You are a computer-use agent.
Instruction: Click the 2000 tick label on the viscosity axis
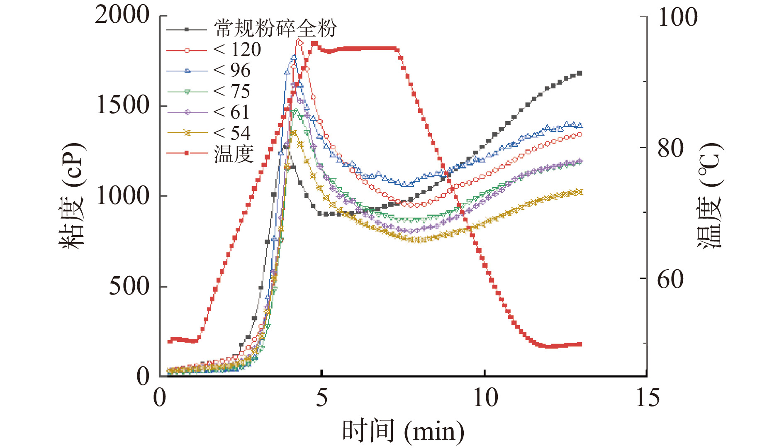(122, 15)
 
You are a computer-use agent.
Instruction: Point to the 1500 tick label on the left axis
(122, 105)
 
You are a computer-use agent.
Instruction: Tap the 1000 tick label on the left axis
(122, 196)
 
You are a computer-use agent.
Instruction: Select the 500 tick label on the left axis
(129, 286)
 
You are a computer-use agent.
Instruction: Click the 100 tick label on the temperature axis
(678, 17)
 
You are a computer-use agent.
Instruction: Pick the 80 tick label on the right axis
(671, 149)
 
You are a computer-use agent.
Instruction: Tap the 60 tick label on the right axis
(671, 279)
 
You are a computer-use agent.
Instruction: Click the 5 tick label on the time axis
(322, 398)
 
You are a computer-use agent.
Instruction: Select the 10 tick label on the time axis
(485, 398)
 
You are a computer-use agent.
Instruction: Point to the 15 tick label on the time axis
(648, 398)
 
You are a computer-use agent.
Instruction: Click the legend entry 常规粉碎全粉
(275, 29)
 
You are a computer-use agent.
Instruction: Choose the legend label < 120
(237, 50)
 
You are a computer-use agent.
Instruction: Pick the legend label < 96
(232, 71)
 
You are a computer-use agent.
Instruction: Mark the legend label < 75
(232, 92)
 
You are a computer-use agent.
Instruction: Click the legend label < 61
(232, 112)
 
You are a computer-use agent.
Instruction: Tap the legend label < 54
(232, 133)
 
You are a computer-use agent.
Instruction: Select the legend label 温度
(234, 154)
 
